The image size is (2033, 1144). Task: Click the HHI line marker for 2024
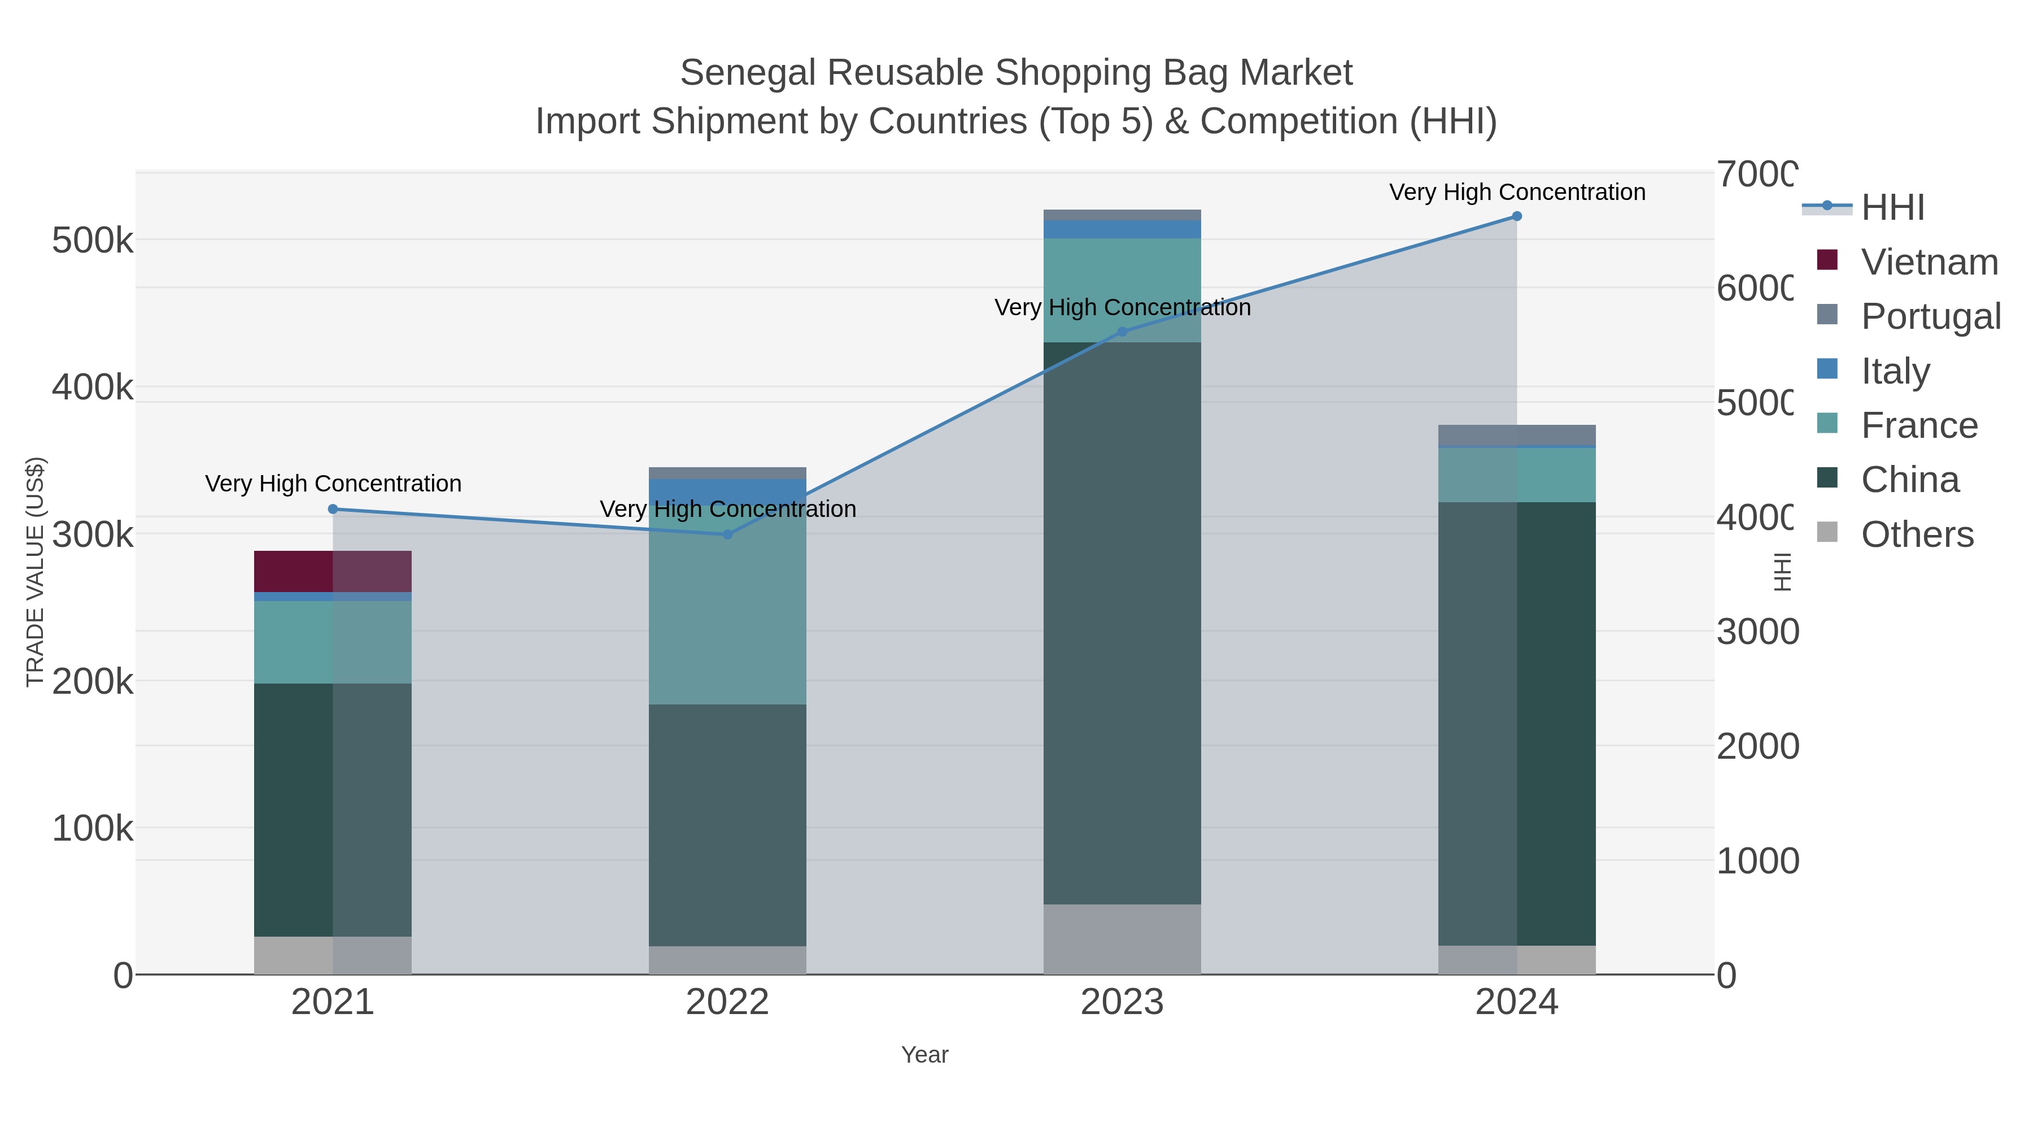[x=1516, y=216]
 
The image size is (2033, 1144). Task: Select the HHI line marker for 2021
[x=332, y=509]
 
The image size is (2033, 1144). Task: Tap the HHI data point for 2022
[x=727, y=534]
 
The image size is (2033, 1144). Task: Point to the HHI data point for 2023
[x=1122, y=332]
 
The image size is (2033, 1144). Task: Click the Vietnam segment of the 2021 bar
[x=332, y=571]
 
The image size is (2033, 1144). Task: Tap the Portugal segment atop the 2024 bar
[x=1516, y=435]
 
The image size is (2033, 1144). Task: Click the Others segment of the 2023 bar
[x=1122, y=939]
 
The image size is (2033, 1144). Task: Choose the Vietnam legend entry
[x=1929, y=262]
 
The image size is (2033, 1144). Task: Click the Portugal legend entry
[x=1930, y=316]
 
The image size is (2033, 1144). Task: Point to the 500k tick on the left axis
[x=93, y=241]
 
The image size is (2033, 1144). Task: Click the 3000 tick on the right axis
[x=1757, y=632]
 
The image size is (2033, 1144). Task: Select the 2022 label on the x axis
[x=727, y=1003]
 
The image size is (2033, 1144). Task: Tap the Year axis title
[x=924, y=1055]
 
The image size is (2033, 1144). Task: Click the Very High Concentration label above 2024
[x=1516, y=193]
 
